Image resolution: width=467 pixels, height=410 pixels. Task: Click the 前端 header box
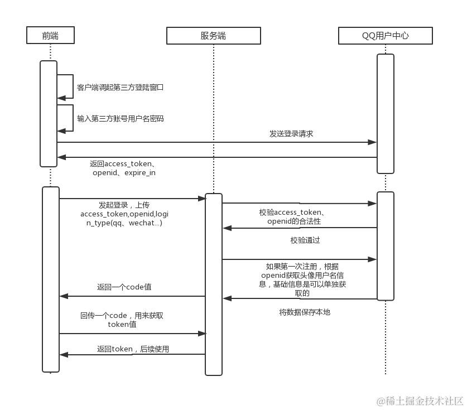pos(50,36)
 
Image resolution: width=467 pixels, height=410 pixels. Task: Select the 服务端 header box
pos(213,36)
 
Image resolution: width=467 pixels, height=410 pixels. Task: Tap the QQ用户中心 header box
pos(385,36)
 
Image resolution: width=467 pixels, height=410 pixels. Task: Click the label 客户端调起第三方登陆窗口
pos(120,88)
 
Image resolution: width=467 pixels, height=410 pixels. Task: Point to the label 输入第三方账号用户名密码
pos(120,119)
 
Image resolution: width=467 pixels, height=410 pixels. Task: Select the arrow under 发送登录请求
pos(216,142)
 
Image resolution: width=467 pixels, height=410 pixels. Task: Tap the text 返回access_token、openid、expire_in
pos(123,168)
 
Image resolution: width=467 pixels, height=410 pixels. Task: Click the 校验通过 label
pos(305,240)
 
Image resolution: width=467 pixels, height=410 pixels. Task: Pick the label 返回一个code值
pos(124,287)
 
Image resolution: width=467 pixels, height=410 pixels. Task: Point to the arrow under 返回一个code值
pos(132,296)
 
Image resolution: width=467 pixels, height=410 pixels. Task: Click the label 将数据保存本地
pos(305,312)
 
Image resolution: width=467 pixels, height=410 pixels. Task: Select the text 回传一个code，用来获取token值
pos(122,320)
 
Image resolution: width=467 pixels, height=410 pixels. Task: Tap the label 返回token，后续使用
pos(133,349)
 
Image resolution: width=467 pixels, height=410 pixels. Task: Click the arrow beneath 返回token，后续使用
pos(132,354)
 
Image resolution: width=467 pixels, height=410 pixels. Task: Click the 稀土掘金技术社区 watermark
pos(419,401)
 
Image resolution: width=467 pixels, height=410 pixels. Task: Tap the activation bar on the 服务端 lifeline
pos(214,284)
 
